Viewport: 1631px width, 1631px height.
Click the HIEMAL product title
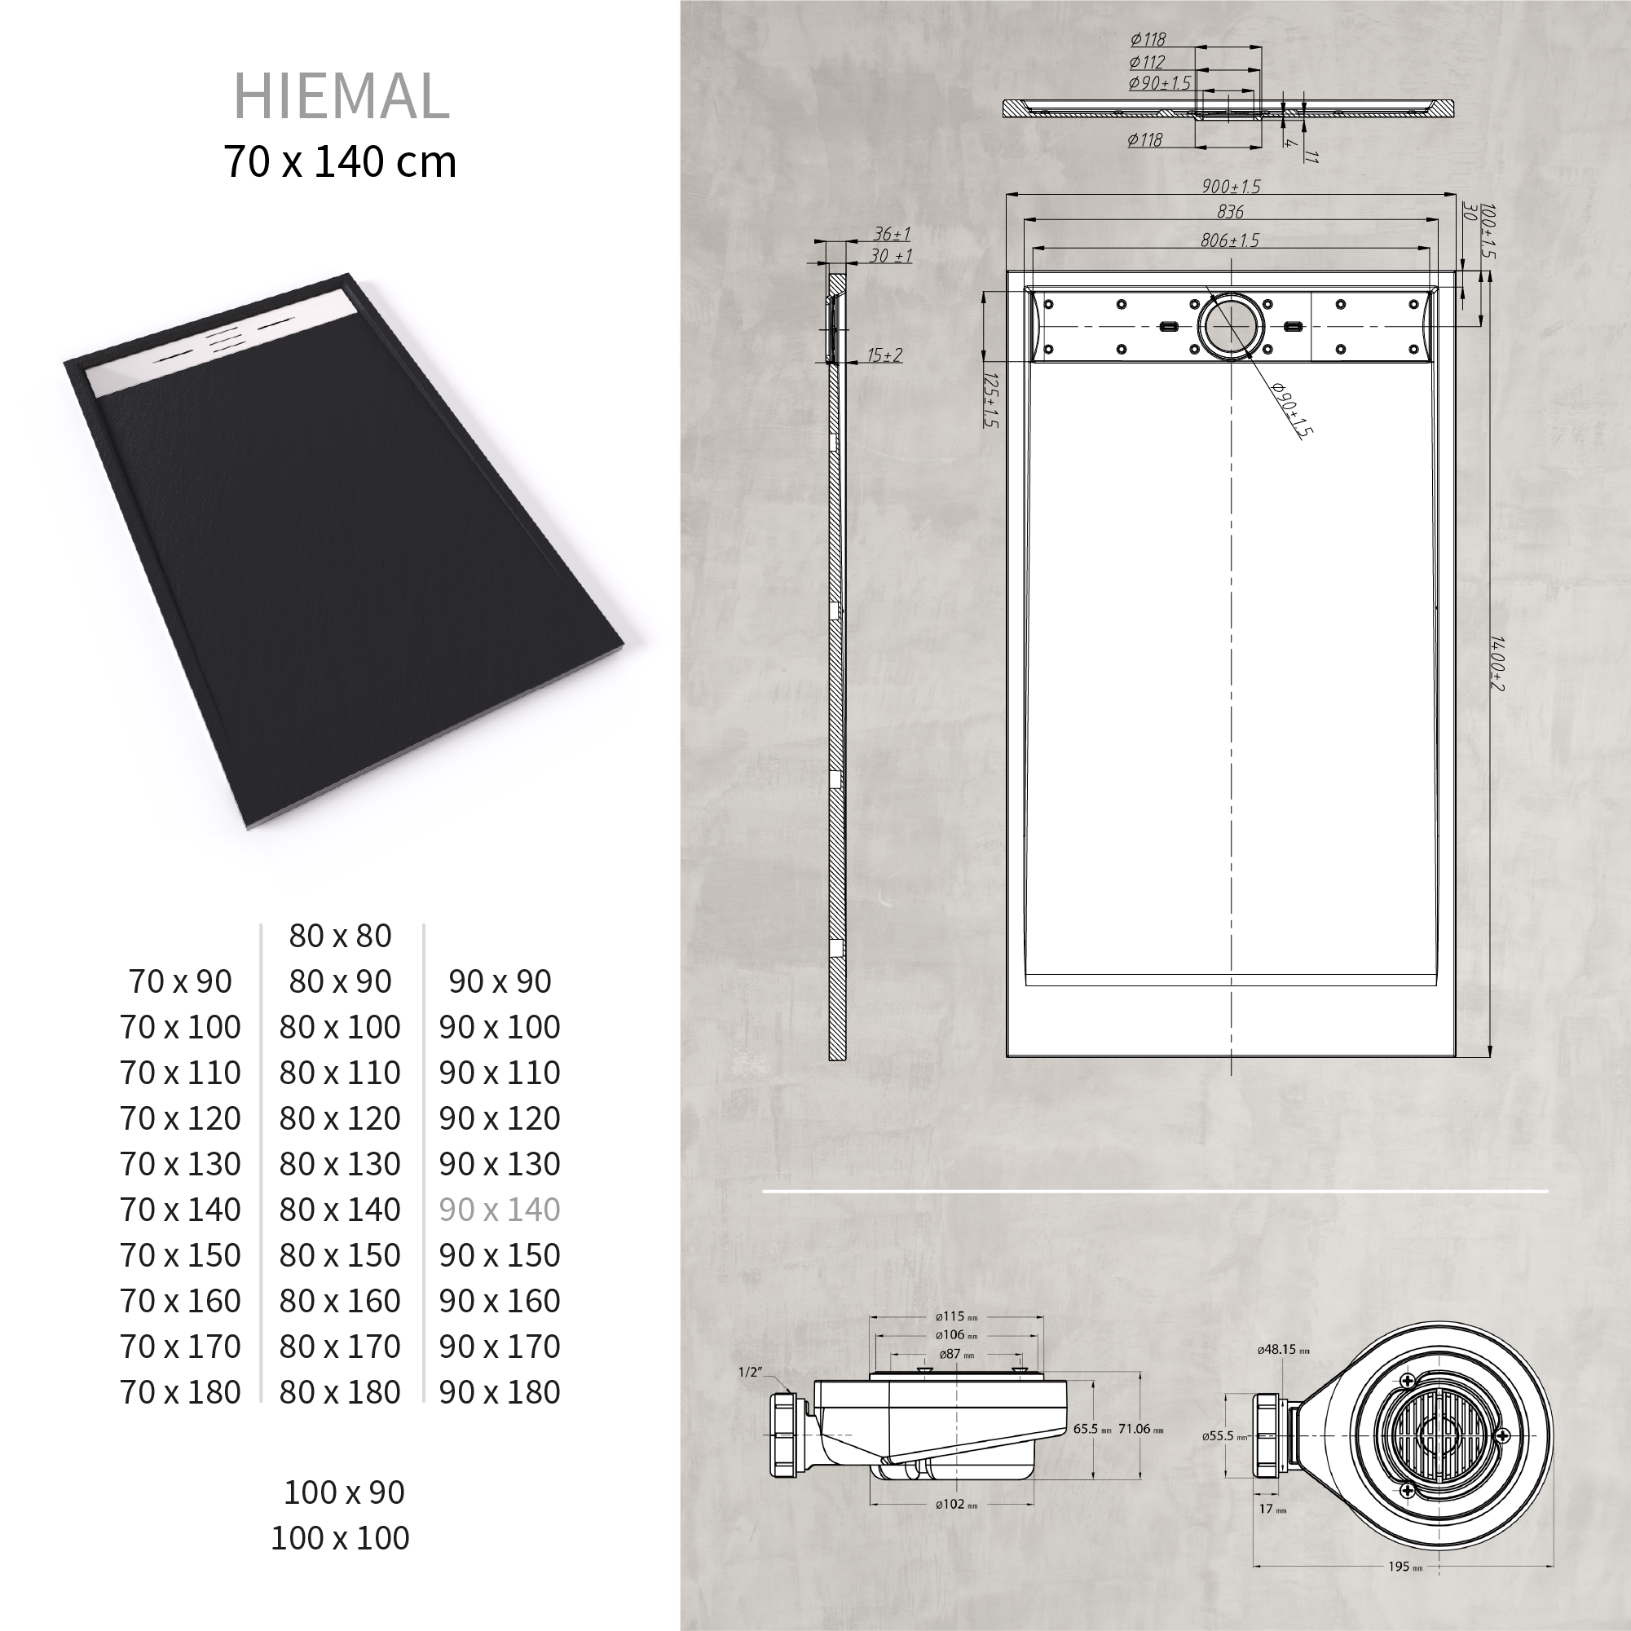341,96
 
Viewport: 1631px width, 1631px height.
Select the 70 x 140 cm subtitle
340,161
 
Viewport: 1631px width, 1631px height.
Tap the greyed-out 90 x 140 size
500,1210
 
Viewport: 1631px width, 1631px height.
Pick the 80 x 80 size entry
340,936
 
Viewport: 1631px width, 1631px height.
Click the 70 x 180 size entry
181,1392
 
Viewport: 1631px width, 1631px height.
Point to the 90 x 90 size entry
500,981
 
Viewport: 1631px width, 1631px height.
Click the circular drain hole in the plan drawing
1231,326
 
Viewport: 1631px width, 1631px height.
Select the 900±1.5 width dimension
1231,187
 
